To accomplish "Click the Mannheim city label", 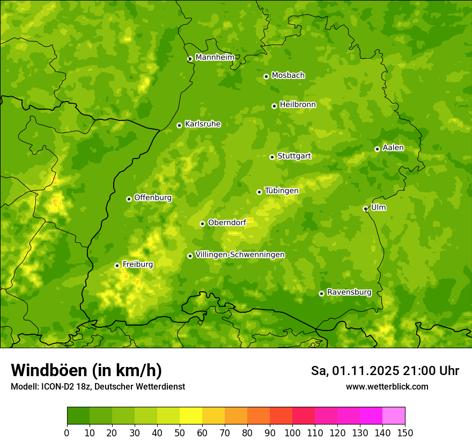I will [215, 57].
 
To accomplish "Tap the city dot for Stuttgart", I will [272, 157].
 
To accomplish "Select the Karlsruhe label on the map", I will [202, 124].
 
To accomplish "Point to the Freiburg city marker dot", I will [117, 265].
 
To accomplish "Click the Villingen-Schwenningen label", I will [240, 255].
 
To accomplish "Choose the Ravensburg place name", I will [349, 292].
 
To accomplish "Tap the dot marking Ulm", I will [366, 208].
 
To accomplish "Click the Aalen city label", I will [393, 148].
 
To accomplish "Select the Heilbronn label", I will [298, 105].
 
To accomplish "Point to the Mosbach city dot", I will [266, 76].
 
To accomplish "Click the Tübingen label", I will [281, 191].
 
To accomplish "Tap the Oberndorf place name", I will [227, 222].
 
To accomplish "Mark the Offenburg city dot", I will [129, 199].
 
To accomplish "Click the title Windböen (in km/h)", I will [86, 370].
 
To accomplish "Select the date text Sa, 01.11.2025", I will [355, 371].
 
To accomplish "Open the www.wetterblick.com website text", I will [387, 387].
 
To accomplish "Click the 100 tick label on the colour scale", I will [292, 433].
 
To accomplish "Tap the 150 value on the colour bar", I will [405, 433].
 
